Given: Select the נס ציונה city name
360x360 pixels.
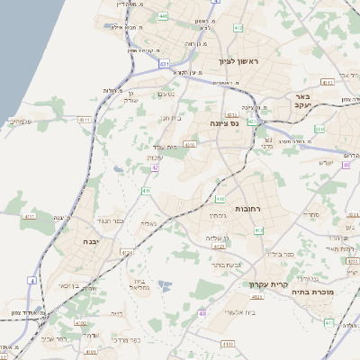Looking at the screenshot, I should point(224,123).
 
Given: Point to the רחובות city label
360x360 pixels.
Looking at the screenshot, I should point(247,208).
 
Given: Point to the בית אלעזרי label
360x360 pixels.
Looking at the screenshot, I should point(219,310).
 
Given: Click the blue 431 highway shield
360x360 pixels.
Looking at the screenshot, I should point(164,64).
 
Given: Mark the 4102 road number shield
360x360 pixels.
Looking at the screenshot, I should point(80,322).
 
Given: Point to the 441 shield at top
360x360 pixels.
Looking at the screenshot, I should point(162,17).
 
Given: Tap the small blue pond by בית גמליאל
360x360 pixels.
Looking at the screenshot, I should point(165,286).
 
